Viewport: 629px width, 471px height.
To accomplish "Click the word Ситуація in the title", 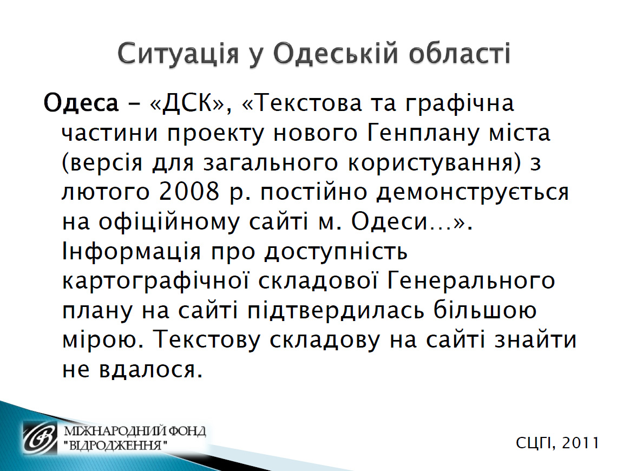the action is [178, 54].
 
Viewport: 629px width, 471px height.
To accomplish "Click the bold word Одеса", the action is [81, 103].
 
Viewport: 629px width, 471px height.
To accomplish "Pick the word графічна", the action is [460, 103].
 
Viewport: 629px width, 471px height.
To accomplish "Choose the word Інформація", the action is [132, 252].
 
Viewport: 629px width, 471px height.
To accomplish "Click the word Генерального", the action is [471, 281].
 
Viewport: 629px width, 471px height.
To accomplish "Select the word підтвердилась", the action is [336, 311].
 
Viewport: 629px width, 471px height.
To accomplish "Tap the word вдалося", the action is [150, 370].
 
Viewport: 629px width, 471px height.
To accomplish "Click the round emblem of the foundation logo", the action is [41, 439].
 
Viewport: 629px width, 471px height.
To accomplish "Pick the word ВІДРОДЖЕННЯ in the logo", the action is [115, 446].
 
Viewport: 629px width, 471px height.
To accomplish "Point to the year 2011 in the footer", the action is [580, 443].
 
